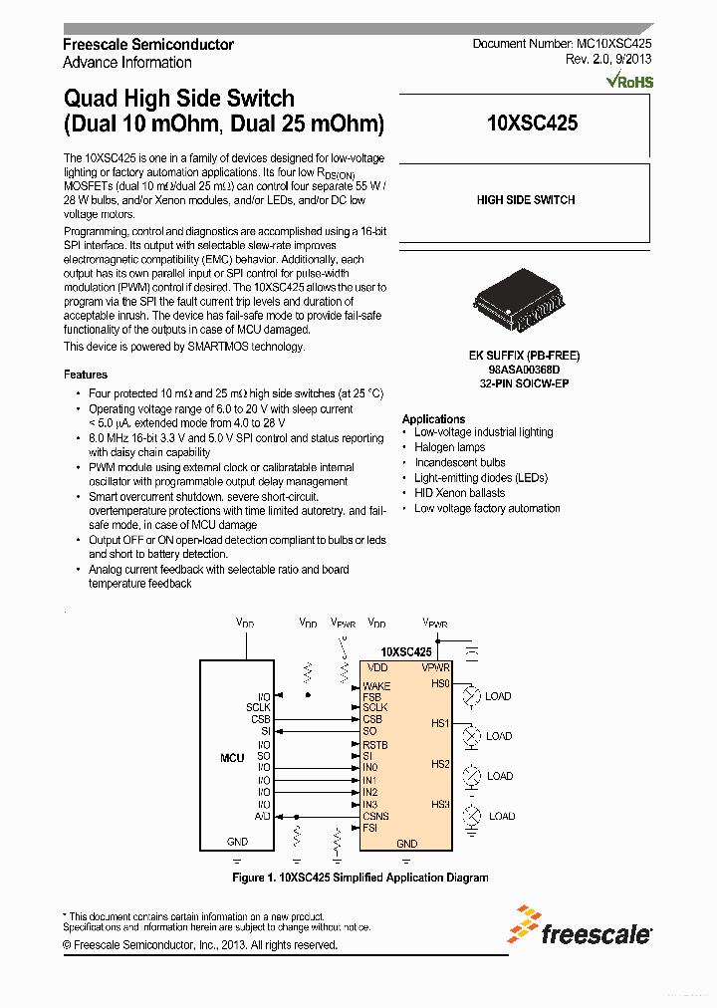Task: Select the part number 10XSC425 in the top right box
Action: click(x=532, y=124)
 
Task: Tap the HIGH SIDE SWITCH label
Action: click(x=525, y=200)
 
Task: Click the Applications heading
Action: click(x=433, y=419)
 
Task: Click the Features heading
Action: click(x=86, y=375)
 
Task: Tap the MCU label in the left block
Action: click(x=232, y=758)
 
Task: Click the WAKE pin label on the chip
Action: click(x=376, y=686)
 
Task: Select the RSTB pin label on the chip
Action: click(x=375, y=745)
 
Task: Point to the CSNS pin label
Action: click(x=375, y=816)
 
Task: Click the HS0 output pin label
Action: click(x=440, y=684)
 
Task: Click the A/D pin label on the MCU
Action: click(x=263, y=816)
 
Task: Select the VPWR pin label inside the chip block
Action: click(x=436, y=667)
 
